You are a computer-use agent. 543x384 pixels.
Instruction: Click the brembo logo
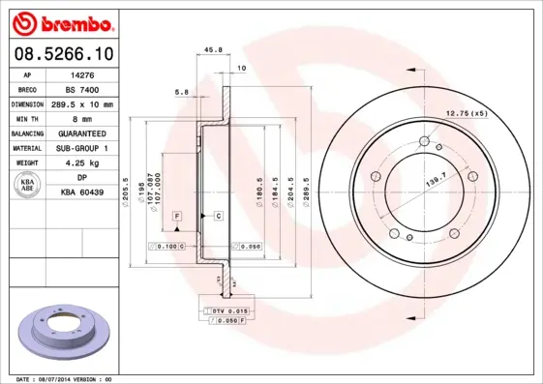point(61,22)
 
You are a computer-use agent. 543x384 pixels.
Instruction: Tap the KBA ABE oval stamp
point(28,185)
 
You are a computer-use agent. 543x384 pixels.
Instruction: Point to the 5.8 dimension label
point(181,93)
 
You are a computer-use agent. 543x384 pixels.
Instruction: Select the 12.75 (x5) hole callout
point(466,114)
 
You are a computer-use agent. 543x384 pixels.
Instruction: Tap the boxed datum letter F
point(178,214)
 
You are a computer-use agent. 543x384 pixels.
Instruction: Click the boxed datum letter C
point(219,214)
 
